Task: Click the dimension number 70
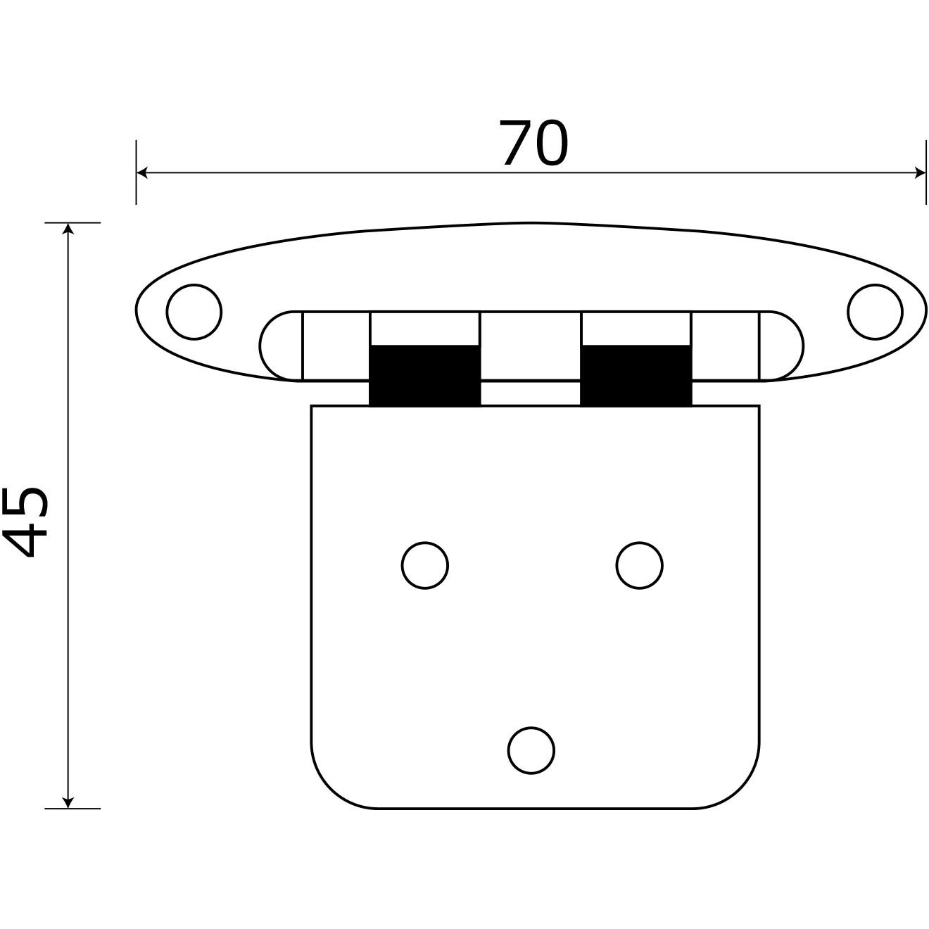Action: click(533, 144)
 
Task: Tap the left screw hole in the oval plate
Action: click(194, 311)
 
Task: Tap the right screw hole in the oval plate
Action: click(875, 311)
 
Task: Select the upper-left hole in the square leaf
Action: click(425, 564)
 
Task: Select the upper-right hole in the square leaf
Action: click(639, 564)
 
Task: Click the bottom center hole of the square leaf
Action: click(531, 750)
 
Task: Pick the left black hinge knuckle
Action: click(425, 375)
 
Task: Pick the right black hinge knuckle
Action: click(636, 375)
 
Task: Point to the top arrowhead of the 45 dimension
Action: click(68, 229)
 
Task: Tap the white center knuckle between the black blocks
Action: click(531, 346)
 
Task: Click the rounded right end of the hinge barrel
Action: click(782, 346)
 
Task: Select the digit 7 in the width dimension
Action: click(516, 144)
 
